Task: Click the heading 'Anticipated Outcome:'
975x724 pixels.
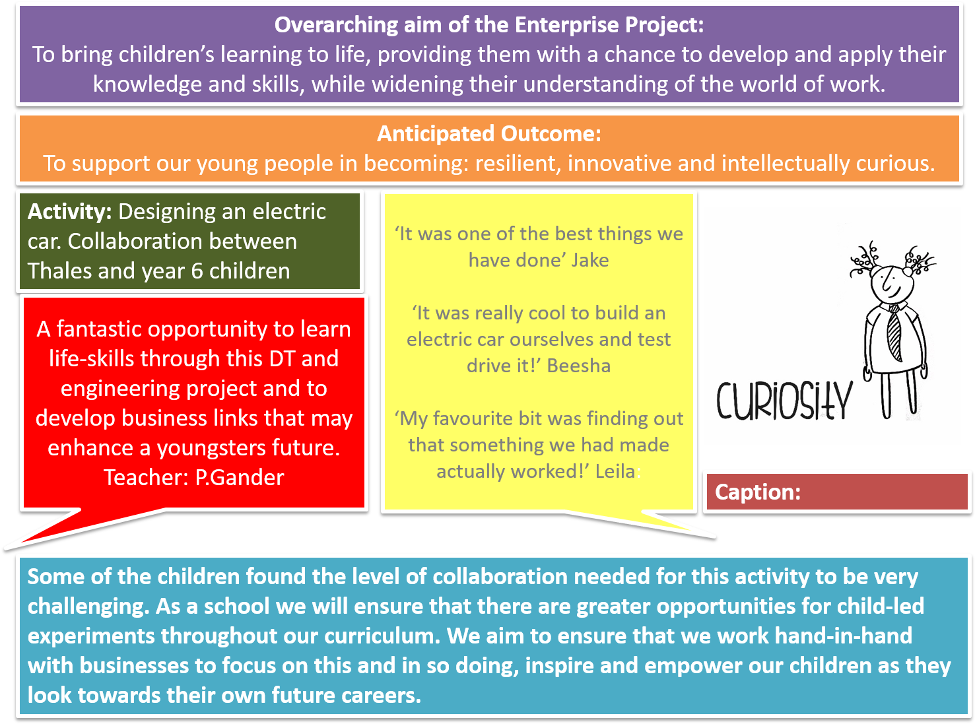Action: click(x=488, y=133)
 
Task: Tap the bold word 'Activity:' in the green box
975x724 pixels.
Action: click(x=69, y=213)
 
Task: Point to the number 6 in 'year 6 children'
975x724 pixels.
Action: click(x=197, y=271)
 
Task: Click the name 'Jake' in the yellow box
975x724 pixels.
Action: click(x=589, y=260)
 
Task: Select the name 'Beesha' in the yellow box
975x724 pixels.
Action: click(x=578, y=366)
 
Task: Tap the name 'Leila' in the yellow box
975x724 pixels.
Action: click(x=615, y=471)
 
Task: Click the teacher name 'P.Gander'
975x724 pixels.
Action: click(x=240, y=478)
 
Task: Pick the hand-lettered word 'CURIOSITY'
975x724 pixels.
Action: click(x=784, y=400)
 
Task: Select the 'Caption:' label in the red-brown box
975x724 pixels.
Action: click(x=757, y=492)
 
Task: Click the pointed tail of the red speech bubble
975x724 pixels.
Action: click(x=6, y=548)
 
